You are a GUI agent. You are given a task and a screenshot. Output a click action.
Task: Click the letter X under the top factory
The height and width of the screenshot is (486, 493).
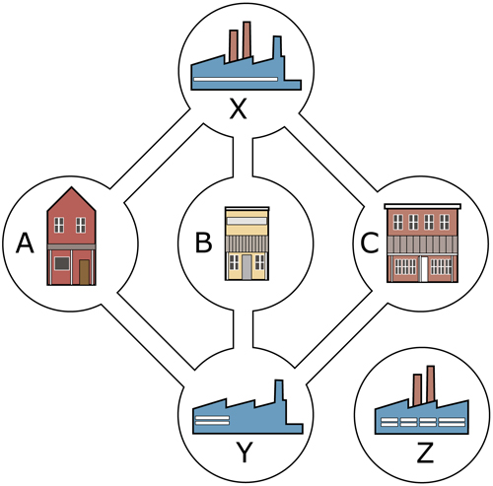(239, 109)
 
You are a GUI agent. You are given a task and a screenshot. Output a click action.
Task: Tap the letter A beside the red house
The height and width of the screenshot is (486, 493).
(25, 243)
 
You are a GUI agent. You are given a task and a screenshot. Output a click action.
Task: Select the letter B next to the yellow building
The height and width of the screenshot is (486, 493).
(203, 243)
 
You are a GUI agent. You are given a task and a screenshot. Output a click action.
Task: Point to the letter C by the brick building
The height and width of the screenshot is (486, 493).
(370, 243)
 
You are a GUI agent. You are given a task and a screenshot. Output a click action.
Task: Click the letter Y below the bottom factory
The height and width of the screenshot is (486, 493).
(245, 451)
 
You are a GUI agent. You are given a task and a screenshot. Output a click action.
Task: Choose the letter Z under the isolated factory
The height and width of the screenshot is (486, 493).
(425, 452)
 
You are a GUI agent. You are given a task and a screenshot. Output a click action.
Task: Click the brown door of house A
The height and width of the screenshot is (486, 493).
(84, 272)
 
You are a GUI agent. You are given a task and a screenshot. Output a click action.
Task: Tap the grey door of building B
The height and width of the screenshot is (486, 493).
(247, 267)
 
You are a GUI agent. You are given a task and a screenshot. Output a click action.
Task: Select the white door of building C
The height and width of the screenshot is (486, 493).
(424, 269)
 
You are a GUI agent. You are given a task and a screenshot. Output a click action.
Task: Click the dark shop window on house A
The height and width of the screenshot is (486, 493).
(62, 263)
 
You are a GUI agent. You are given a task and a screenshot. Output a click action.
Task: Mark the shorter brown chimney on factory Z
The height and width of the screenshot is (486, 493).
(417, 389)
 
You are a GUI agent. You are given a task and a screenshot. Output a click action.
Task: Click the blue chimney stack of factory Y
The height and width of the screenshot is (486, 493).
(279, 391)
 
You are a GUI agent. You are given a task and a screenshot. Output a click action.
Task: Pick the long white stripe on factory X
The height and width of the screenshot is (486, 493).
(236, 79)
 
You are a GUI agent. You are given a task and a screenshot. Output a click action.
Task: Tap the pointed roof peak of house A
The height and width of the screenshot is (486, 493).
(72, 187)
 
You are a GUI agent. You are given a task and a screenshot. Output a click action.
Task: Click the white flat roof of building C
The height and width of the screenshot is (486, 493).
(423, 206)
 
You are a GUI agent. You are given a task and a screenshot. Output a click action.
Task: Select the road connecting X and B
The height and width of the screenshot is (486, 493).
(243, 157)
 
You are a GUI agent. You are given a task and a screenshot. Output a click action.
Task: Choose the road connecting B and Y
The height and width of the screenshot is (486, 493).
(244, 328)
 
